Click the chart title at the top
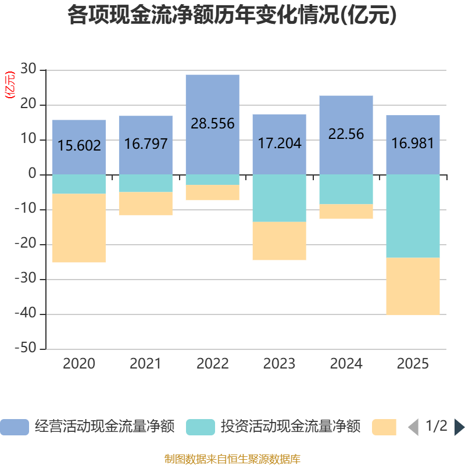[232, 15]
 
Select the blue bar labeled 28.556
[213, 124]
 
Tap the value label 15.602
[79, 145]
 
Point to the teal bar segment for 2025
[413, 216]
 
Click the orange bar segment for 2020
[79, 228]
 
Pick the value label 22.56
[346, 134]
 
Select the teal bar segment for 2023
[280, 198]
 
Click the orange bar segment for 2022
[213, 192]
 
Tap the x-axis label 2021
[146, 364]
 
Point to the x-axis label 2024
[346, 364]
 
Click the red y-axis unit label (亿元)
[10, 85]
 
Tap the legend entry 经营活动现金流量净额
[88, 427]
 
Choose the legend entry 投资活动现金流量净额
[273, 427]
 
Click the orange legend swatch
[384, 427]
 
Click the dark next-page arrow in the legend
[459, 427]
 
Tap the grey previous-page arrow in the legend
[413, 427]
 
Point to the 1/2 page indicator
[437, 426]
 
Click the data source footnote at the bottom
[233, 459]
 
